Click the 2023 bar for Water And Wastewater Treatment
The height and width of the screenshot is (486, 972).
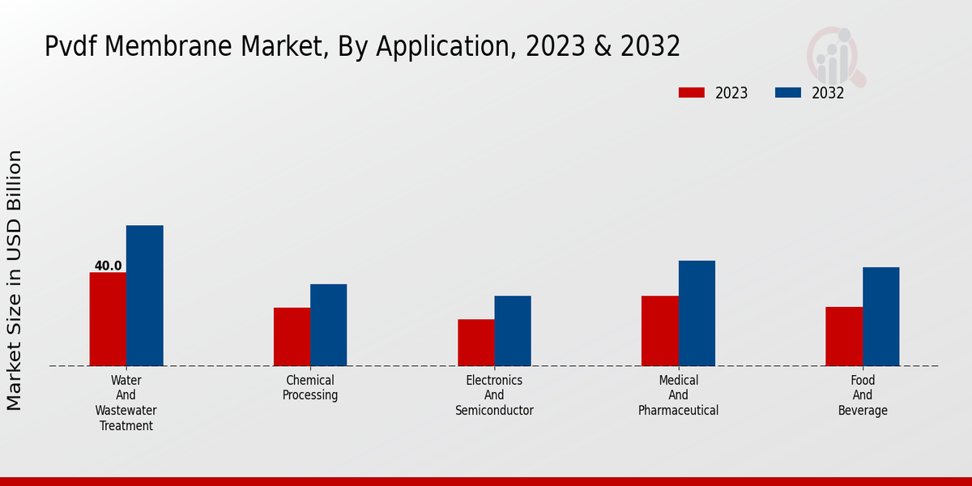[108, 319]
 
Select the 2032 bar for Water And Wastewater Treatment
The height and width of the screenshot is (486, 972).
[145, 296]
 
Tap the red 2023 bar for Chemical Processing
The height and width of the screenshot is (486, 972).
[292, 337]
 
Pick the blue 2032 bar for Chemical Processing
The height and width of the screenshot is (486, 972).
[329, 325]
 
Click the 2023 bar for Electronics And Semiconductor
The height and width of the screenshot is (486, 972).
[475, 343]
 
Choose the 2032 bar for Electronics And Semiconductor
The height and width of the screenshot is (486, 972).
[513, 330]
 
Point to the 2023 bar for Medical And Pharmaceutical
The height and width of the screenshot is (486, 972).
[660, 330]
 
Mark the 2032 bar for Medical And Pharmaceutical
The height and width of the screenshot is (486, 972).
[697, 313]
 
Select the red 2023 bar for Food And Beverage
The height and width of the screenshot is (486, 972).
[844, 336]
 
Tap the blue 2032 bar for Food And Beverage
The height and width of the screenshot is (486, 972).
[881, 317]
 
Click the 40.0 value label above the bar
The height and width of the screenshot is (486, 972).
[108, 266]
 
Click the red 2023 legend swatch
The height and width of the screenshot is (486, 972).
[691, 93]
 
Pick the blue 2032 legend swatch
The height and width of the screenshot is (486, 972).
[787, 93]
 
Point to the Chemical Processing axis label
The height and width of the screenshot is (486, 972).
[310, 388]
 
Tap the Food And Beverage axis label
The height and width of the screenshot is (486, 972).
[863, 395]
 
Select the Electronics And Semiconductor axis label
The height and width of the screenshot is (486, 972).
[494, 395]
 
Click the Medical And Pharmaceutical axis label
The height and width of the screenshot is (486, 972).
[678, 395]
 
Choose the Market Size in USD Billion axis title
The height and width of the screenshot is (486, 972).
[15, 279]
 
